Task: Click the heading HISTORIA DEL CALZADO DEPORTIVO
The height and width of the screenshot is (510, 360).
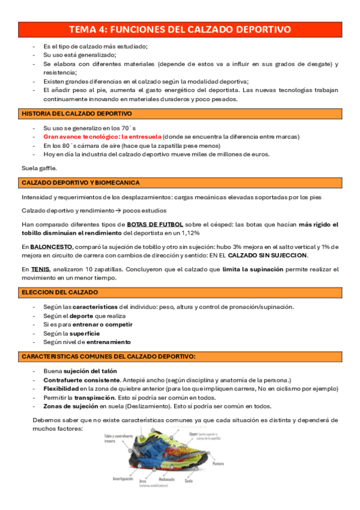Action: click(x=77, y=114)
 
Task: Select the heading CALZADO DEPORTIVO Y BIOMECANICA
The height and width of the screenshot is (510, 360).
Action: click(x=81, y=182)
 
